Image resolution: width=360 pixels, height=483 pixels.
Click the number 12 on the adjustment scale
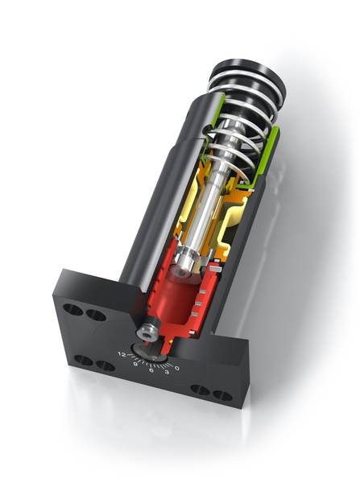(x=122, y=353)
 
